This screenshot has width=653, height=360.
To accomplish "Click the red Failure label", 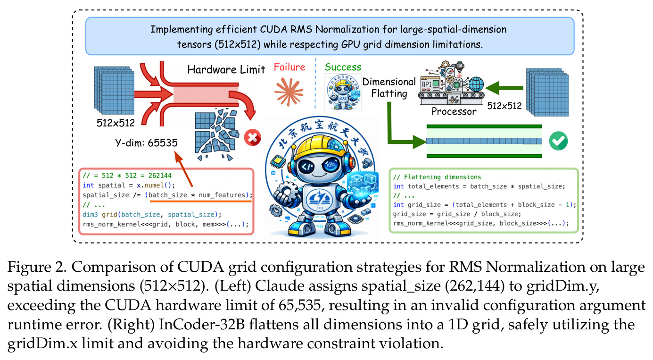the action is click(x=289, y=67).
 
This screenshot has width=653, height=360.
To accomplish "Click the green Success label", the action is click(x=343, y=67).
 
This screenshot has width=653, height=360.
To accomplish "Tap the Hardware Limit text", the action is click(x=226, y=70).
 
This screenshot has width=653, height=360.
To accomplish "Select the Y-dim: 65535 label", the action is click(x=146, y=142).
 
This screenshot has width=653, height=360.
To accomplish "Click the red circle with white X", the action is click(x=252, y=137).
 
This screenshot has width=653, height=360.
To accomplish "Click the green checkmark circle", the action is click(x=558, y=141).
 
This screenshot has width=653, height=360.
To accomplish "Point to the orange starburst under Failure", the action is click(x=289, y=92).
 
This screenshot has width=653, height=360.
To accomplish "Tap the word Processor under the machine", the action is click(x=454, y=111).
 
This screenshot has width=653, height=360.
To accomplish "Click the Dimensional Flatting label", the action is click(x=389, y=87).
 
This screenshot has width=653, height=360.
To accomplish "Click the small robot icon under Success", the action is click(x=343, y=92).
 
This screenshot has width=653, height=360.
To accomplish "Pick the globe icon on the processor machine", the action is click(x=476, y=84).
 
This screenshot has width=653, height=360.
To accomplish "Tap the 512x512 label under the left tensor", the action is click(x=116, y=123).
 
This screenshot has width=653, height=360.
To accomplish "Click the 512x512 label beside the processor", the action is click(x=504, y=106).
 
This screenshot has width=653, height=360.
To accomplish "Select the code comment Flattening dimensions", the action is click(x=437, y=177).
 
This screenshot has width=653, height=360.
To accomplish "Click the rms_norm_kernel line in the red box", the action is click(x=165, y=224).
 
